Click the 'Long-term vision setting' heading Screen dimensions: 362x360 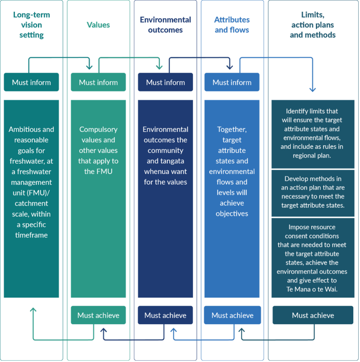(31, 25)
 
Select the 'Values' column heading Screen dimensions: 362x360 (98, 25)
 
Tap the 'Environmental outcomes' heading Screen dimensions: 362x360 (165, 25)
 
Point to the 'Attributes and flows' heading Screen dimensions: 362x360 (232, 25)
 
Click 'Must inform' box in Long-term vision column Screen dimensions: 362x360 (31, 82)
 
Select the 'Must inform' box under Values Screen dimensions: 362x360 (98, 82)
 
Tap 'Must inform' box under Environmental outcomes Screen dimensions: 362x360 (165, 82)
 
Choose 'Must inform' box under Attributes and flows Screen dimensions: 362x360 (232, 82)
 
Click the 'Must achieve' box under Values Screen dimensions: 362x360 (98, 315)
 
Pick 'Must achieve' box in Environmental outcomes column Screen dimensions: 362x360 (165, 315)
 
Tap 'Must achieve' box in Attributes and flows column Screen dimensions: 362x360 (232, 315)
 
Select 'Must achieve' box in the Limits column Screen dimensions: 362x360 (313, 315)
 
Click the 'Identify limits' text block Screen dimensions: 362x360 (313, 134)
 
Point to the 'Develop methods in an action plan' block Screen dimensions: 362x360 (313, 193)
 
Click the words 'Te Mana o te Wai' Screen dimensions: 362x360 (313, 289)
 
